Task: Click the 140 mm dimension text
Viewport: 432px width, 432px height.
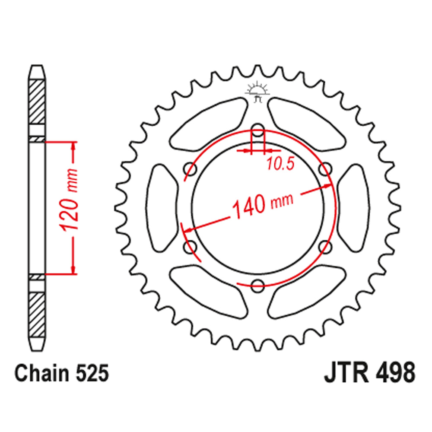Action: [262, 204]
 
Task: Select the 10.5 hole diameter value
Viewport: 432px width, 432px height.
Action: [280, 164]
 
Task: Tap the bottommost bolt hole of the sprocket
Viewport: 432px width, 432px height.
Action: [258, 284]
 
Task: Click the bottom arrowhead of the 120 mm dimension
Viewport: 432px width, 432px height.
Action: [74, 268]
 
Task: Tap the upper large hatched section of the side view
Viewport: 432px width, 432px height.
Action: [37, 102]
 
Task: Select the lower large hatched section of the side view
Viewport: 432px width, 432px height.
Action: [37, 313]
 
